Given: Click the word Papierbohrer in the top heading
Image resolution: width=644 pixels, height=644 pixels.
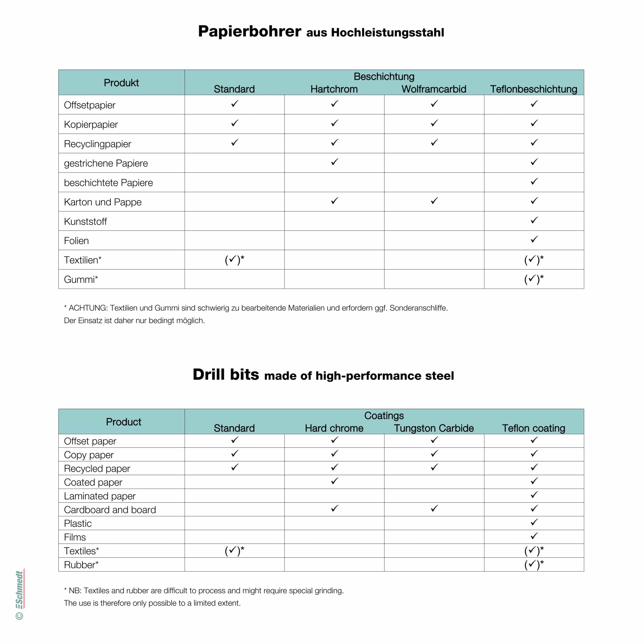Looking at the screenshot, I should tap(249, 32).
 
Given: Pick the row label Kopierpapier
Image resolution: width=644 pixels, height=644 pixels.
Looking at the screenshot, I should tap(91, 124).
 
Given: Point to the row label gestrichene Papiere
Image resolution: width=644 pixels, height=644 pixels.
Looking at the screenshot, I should tap(106, 163).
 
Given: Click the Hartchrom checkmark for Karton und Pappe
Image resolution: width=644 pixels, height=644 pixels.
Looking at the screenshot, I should tap(334, 201).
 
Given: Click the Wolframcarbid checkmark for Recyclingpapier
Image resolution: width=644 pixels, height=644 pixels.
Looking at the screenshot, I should tap(434, 143).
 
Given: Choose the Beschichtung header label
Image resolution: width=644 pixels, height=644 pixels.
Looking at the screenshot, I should tap(384, 76).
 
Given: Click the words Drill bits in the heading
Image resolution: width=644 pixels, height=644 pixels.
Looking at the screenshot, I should tap(226, 374).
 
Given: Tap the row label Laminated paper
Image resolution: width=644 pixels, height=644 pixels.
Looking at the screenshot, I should tap(100, 496).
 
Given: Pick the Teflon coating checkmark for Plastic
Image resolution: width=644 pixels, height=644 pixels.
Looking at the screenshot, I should tap(534, 522).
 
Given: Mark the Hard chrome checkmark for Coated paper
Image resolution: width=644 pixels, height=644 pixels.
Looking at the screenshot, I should tap(334, 481).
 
